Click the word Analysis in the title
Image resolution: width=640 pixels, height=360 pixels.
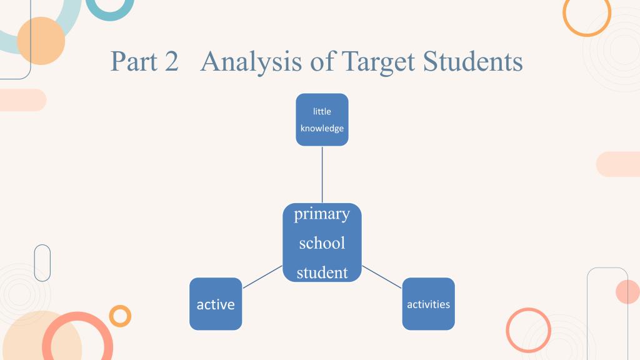tap(251, 62)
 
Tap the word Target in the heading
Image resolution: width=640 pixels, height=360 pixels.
tap(378, 62)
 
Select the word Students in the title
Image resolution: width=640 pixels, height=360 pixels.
tap(472, 61)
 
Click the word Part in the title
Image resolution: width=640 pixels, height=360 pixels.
tap(134, 61)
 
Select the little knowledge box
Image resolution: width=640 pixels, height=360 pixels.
tap(322, 119)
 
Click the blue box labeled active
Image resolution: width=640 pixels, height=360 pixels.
tap(216, 304)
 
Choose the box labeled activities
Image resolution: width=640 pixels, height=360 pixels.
tap(429, 304)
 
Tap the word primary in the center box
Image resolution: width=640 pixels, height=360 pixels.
tap(322, 214)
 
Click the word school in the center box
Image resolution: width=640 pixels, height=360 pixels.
tap(322, 243)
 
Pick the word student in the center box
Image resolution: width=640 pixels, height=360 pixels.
tap(322, 272)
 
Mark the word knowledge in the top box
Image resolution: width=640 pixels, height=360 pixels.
tap(322, 128)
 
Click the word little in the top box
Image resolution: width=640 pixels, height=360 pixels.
tap(322, 111)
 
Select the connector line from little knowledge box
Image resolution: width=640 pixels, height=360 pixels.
tap(322, 175)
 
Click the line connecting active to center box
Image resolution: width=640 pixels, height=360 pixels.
tap(262, 277)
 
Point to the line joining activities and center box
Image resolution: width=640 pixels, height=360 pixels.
tap(382, 277)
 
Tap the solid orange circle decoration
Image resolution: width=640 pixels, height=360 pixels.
tap(41, 41)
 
